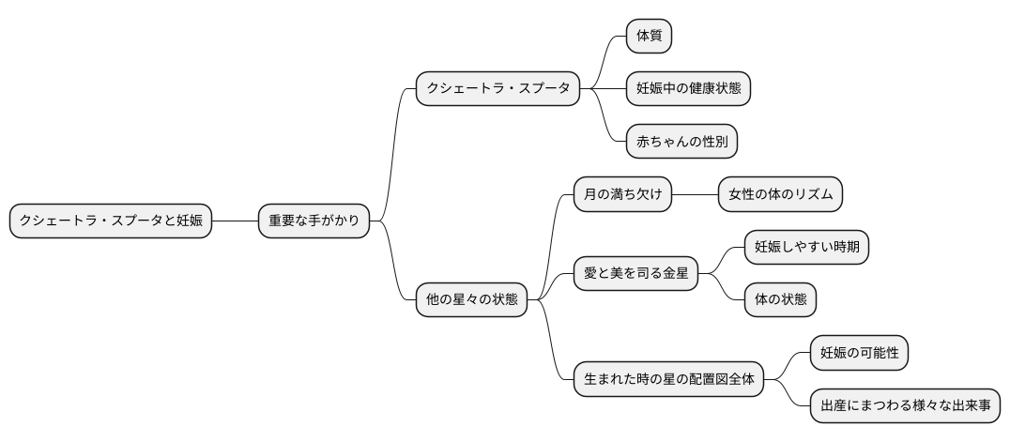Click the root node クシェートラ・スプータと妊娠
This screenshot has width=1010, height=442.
click(111, 221)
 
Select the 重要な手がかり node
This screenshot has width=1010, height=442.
click(314, 221)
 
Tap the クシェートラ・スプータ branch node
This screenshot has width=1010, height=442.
click(497, 88)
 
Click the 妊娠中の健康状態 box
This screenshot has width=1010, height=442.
click(689, 88)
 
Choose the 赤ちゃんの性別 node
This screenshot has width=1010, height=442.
click(681, 142)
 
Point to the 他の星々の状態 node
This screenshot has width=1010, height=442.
click(471, 300)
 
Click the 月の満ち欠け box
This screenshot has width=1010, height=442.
click(623, 194)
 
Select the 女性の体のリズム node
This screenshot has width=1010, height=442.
click(780, 194)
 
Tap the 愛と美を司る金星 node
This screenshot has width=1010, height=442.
click(636, 274)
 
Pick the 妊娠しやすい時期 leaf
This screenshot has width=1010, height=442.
click(806, 248)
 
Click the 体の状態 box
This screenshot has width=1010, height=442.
click(780, 300)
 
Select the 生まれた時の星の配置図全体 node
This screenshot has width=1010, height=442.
click(669, 380)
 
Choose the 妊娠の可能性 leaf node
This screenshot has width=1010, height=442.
click(859, 354)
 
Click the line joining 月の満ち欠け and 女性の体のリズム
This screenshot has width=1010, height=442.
click(696, 194)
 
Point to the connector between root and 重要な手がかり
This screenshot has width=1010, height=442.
click(236, 221)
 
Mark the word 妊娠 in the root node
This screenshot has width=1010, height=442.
click(190, 221)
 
